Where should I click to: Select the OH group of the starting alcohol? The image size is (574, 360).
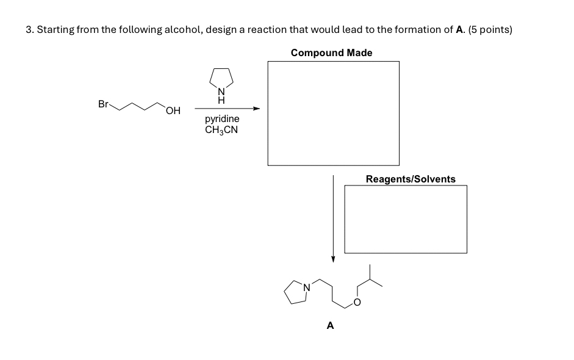point(173,110)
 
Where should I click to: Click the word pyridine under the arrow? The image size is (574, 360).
point(222,119)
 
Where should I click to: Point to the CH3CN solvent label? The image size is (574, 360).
point(221,129)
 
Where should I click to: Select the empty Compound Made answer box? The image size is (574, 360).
point(333,113)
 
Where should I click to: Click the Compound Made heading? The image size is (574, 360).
point(331,52)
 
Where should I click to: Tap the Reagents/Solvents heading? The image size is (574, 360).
point(410,179)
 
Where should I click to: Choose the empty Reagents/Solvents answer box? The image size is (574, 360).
point(406,218)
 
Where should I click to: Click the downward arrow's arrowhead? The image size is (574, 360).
point(333,259)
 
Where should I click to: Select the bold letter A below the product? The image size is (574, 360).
point(330,326)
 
